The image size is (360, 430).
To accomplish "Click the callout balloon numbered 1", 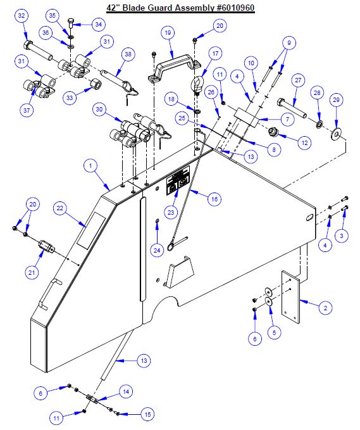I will coord(92,165).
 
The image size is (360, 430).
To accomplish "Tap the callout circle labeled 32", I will coord(22,15).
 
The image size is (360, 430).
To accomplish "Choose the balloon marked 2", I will coord(324,308).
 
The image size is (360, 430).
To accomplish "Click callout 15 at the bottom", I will coord(147,415).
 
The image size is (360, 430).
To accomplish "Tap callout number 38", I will coord(128,55).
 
